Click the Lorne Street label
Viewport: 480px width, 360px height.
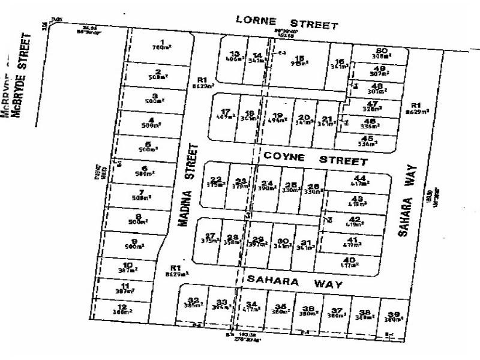click(x=287, y=22)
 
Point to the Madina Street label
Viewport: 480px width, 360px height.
click(x=188, y=184)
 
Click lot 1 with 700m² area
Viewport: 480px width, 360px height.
click(x=159, y=44)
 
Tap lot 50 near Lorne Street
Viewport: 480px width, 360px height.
click(x=379, y=53)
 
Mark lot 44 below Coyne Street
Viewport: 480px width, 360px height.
click(x=361, y=180)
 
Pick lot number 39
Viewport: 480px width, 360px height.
click(x=393, y=316)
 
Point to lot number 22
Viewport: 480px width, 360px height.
click(x=216, y=181)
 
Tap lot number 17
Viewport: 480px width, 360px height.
click(x=226, y=114)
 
